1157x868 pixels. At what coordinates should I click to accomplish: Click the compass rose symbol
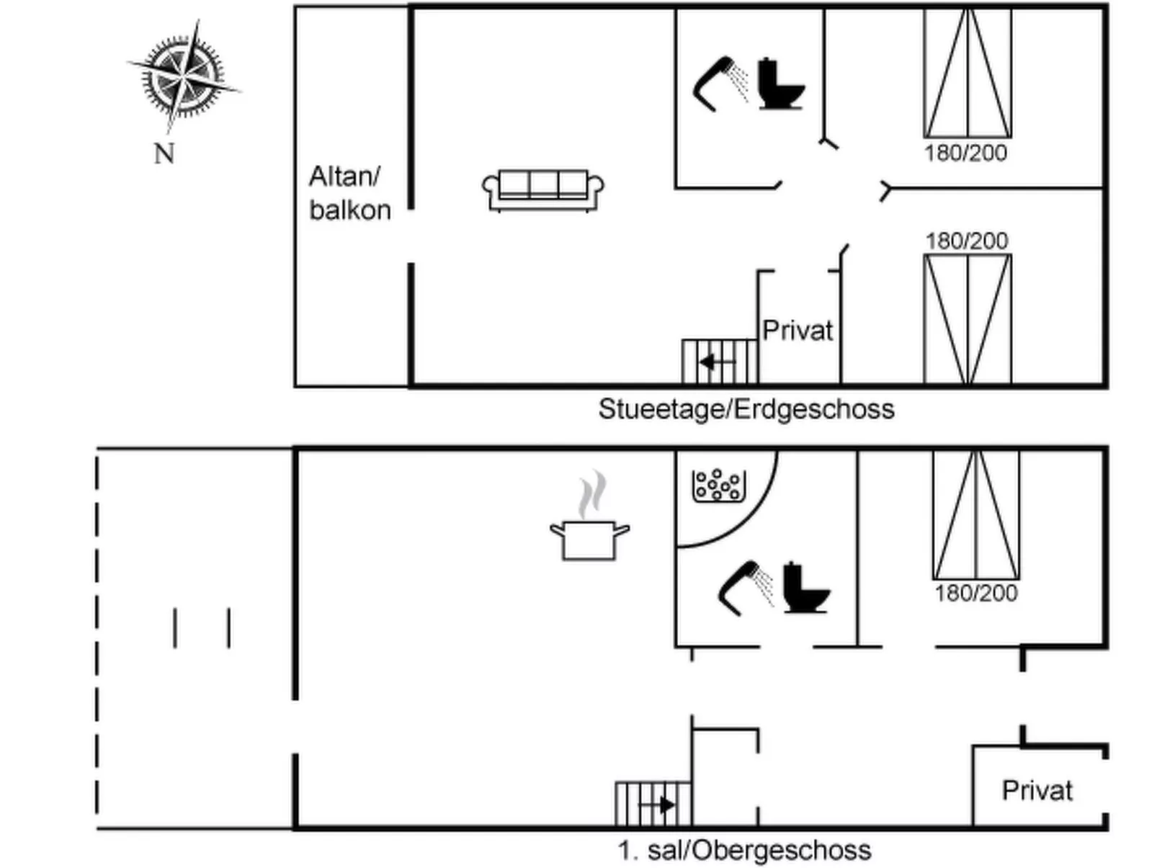pyautogui.click(x=184, y=76)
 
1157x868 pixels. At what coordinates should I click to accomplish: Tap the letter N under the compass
pyautogui.click(x=164, y=153)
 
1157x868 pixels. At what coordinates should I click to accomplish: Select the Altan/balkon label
pyautogui.click(x=349, y=193)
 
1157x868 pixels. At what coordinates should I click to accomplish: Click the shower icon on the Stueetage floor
pyautogui.click(x=720, y=84)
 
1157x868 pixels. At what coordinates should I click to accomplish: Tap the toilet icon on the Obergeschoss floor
pyautogui.click(x=805, y=588)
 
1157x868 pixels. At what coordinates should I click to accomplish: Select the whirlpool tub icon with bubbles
pyautogui.click(x=718, y=486)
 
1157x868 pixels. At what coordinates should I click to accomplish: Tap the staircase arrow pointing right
pyautogui.click(x=664, y=804)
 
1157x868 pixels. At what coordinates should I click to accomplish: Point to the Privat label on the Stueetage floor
pyautogui.click(x=797, y=331)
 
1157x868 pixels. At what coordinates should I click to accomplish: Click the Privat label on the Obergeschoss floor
pyautogui.click(x=1037, y=790)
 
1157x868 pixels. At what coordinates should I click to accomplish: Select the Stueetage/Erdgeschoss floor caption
pyautogui.click(x=746, y=409)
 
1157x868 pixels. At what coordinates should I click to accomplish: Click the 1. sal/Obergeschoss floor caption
pyautogui.click(x=744, y=850)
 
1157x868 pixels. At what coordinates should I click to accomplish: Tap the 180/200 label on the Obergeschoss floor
pyautogui.click(x=975, y=594)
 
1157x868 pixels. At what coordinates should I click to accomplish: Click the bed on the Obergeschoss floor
pyautogui.click(x=975, y=514)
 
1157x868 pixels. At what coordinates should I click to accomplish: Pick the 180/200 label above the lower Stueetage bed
pyautogui.click(x=967, y=241)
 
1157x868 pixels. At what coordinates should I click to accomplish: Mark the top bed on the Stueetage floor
pyautogui.click(x=968, y=73)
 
